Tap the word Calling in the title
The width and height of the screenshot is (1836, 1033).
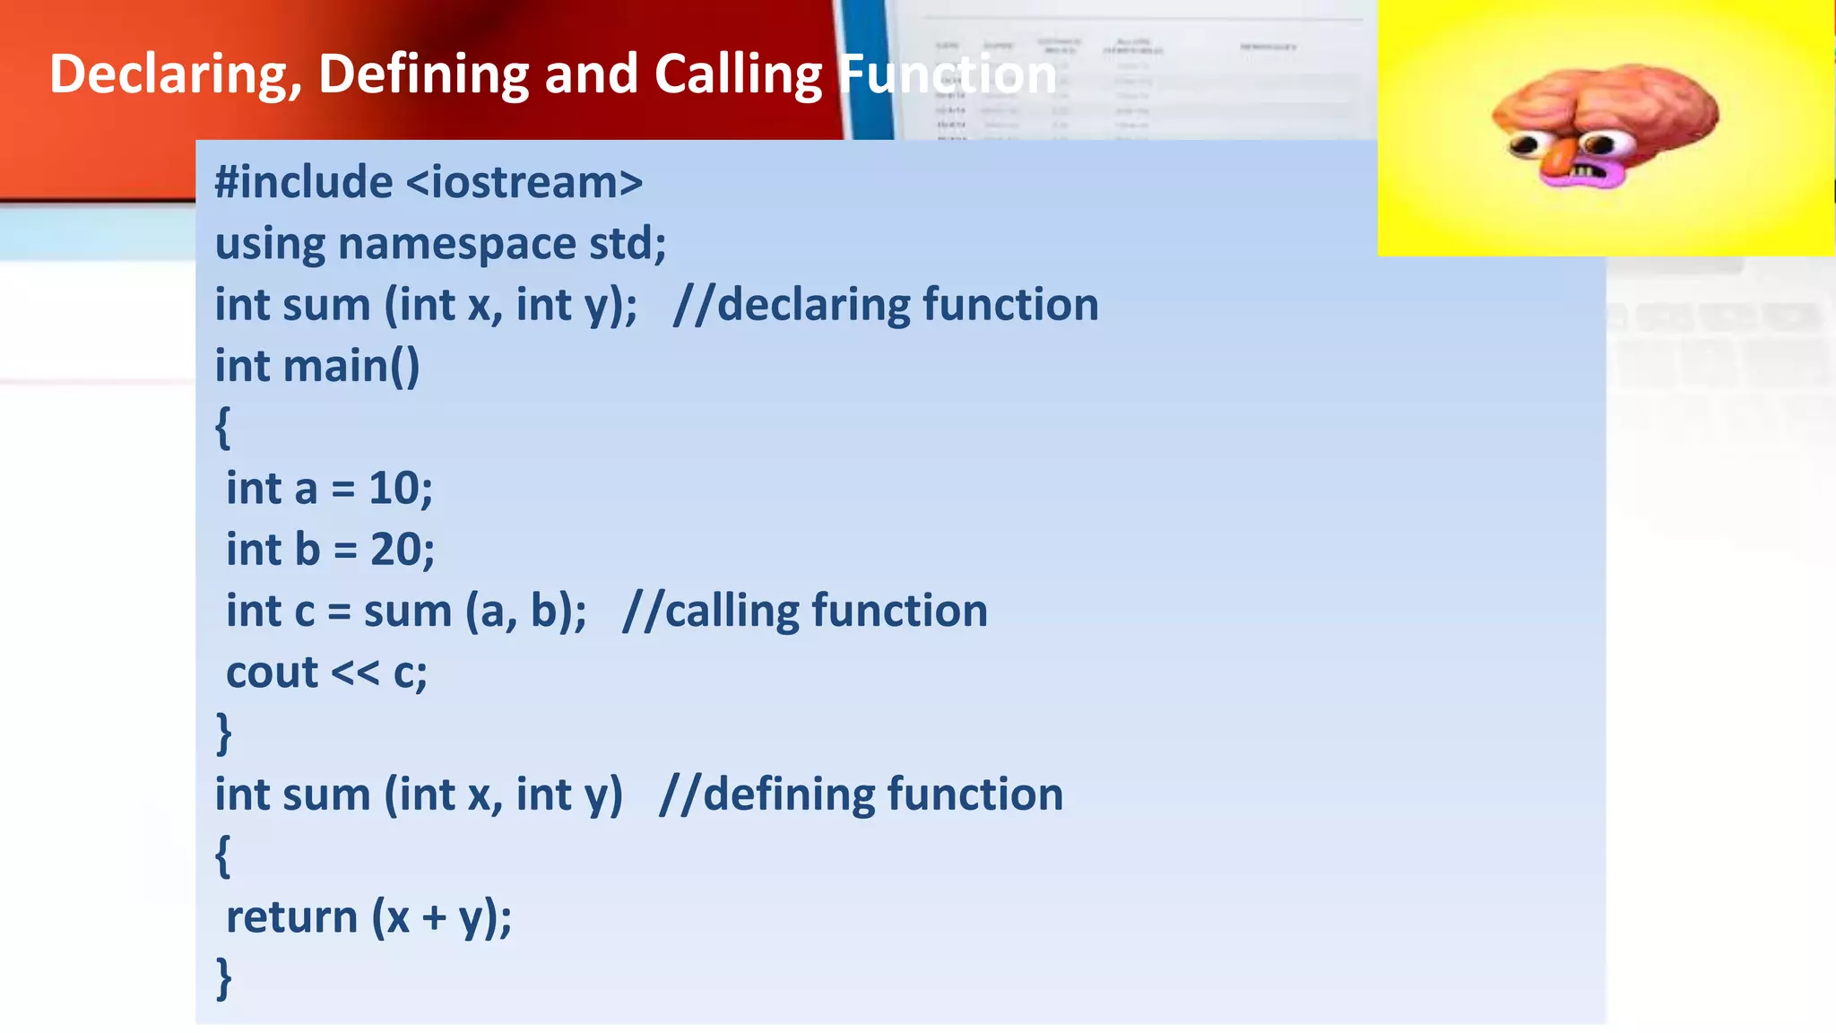tap(737, 74)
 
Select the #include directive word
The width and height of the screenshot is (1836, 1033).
tap(303, 183)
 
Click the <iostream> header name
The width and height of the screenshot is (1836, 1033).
tap(524, 183)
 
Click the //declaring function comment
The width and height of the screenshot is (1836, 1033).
tap(886, 305)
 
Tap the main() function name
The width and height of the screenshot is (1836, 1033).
tap(351, 366)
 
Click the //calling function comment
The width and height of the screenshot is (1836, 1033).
tap(805, 612)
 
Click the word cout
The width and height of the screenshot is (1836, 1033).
tap(272, 673)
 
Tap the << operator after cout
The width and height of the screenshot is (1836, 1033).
tap(355, 673)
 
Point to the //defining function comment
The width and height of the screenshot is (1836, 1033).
tap(861, 794)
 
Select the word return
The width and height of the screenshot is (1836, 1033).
tap(291, 917)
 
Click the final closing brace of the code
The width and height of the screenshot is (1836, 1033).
tap(224, 978)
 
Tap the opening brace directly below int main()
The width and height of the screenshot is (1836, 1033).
tap(223, 428)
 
